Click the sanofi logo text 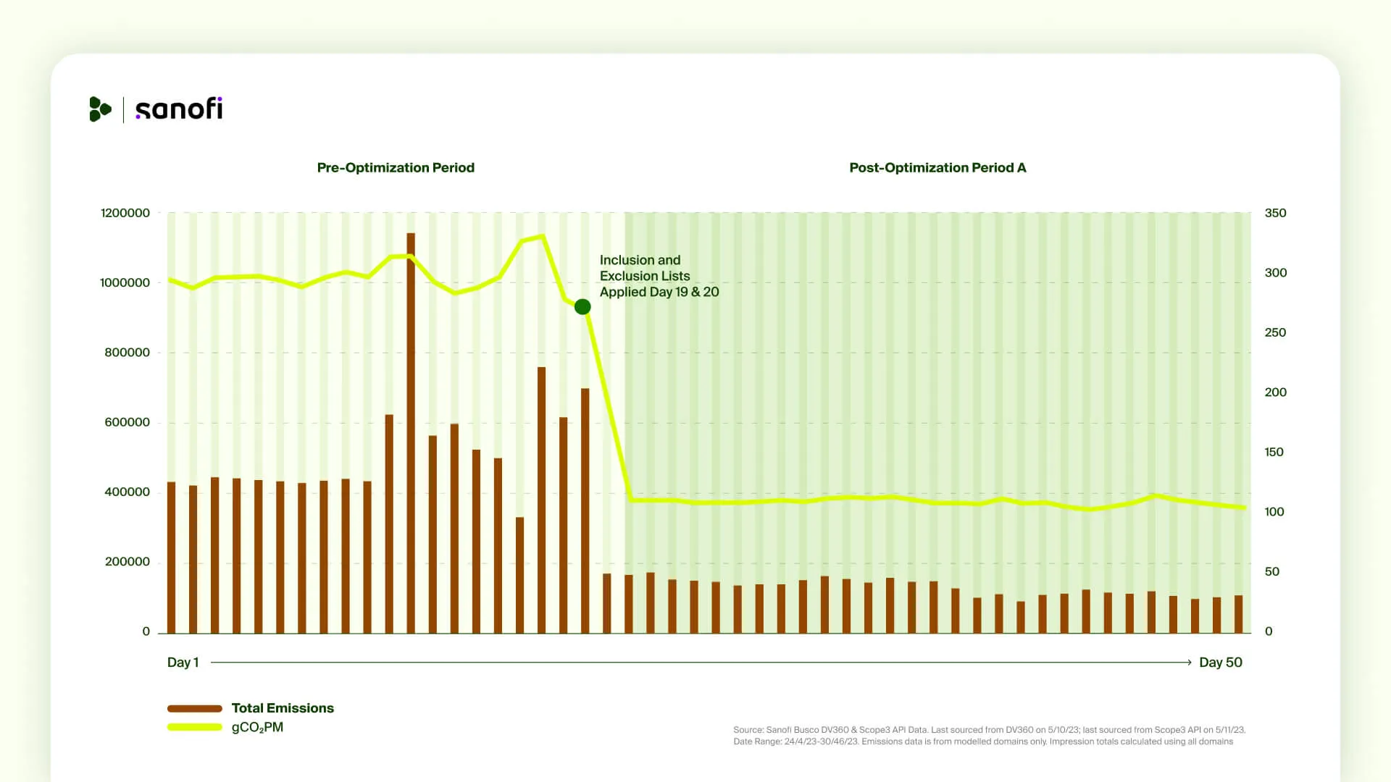178,109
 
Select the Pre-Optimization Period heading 396,167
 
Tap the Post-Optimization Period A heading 937,167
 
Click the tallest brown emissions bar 411,434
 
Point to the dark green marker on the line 582,307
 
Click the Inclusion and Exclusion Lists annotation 659,276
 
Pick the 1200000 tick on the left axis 125,213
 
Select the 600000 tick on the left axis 127,422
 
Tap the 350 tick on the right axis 1275,213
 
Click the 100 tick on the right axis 1274,512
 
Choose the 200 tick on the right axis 1275,392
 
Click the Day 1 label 183,662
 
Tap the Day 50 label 1220,662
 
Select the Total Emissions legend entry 283,708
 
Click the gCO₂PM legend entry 257,727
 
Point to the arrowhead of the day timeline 1188,662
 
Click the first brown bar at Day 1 172,558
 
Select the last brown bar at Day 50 1238,614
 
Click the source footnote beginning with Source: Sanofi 988,730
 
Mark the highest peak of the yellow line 542,236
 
